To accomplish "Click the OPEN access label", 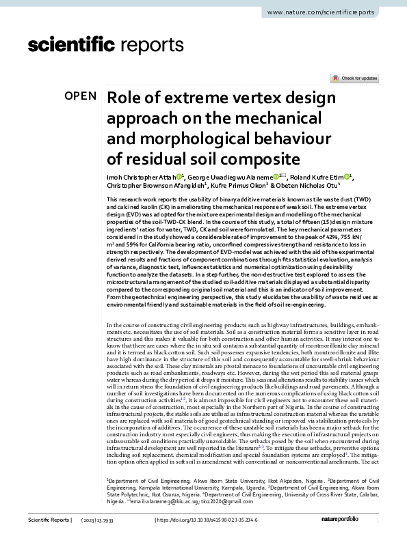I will (x=81, y=96).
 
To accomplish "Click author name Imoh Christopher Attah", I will (x=140, y=178).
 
